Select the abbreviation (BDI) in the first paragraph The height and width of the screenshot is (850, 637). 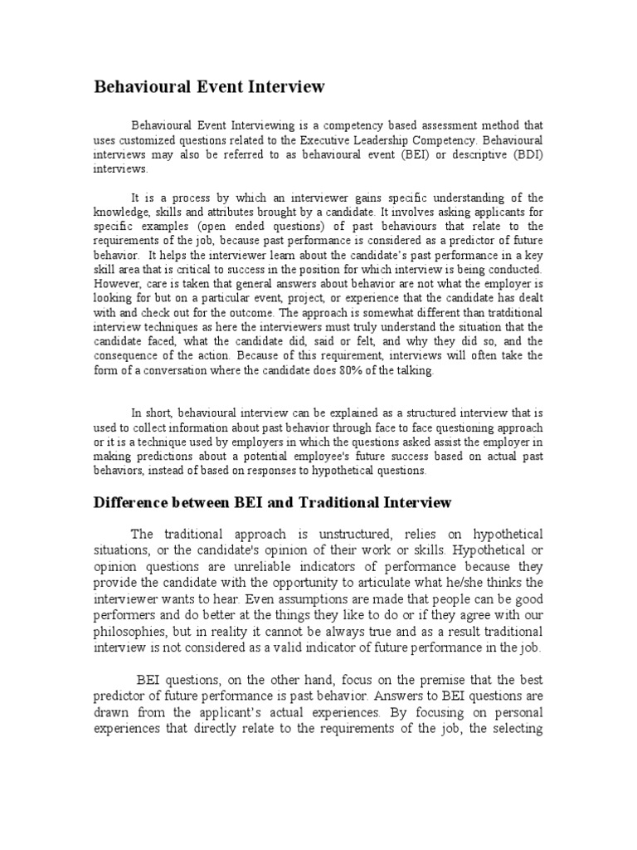click(524, 154)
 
